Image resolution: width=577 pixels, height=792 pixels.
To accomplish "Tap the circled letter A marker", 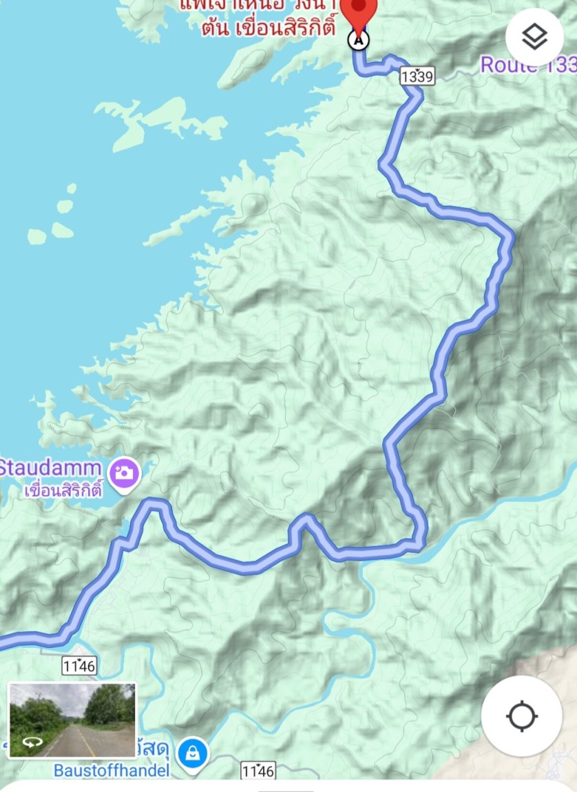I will click(358, 40).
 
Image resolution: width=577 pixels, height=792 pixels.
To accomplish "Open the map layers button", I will click(534, 37).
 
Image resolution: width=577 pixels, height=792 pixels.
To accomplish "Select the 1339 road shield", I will click(417, 76).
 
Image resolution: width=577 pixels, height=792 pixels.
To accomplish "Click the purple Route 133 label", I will click(527, 65).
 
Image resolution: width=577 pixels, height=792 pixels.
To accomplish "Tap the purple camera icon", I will click(125, 472).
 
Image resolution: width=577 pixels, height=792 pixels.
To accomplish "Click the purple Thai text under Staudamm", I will click(63, 491).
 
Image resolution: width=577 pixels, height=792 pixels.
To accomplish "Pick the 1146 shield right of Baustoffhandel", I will click(258, 770).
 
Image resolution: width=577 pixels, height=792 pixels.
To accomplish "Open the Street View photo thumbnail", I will click(72, 720).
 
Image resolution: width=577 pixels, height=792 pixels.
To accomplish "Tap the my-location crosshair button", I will click(521, 716).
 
